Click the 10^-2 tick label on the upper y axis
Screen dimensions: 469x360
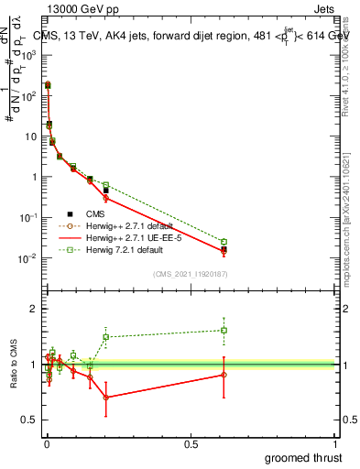coord(29,258)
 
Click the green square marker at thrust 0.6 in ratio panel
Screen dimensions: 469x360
coord(224,330)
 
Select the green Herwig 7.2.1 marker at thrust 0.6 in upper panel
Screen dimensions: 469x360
coord(224,242)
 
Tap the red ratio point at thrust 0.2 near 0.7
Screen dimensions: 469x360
coord(105,398)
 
